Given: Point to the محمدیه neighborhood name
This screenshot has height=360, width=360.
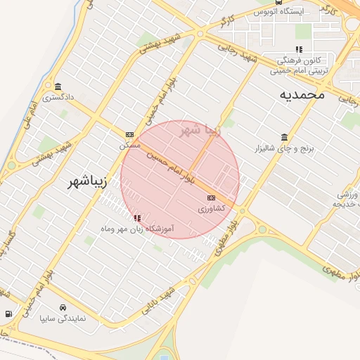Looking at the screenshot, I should coord(302,94).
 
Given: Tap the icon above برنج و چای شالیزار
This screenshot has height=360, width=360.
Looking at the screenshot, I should coord(284,137).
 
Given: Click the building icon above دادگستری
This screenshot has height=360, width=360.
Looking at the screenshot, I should coord(57,87).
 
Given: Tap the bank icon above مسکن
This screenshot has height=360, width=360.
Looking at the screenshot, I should coord(129,134).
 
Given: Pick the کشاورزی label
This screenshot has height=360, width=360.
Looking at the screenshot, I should coord(211,209).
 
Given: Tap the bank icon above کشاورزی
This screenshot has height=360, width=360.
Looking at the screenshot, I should coord(211,198).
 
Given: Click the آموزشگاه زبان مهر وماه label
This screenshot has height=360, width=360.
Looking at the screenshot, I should coord(136,229).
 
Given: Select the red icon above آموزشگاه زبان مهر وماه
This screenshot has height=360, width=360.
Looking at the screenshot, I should coord(136,218).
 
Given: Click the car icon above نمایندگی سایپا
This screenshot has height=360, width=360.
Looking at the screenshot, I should coord(63,307).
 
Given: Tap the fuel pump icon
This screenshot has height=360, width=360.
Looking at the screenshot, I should coord(8,314).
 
